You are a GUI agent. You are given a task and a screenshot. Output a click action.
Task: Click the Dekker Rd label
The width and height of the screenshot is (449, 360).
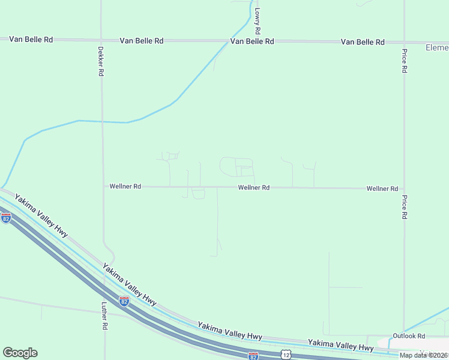[x=101, y=61]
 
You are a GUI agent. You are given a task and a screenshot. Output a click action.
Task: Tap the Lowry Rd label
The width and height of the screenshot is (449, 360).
[x=257, y=20]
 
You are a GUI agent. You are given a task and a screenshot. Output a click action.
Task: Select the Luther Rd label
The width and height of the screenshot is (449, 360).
[x=104, y=316]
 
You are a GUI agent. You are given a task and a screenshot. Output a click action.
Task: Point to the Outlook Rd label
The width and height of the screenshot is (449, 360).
[x=409, y=336]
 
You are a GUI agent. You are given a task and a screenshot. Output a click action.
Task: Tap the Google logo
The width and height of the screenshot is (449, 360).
[x=20, y=353]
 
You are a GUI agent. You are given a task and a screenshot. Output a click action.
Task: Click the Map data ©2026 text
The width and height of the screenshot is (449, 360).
[x=424, y=355]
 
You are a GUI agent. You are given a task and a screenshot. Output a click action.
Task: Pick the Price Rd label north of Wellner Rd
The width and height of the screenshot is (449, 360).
[x=405, y=61]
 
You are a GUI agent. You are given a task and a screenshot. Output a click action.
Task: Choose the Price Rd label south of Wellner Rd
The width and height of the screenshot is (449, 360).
[x=405, y=207]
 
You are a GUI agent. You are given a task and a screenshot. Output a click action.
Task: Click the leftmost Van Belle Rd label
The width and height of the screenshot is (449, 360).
[x=31, y=40]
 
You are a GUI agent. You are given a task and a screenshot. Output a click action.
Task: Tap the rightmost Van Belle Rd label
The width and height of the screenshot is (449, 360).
[x=363, y=42]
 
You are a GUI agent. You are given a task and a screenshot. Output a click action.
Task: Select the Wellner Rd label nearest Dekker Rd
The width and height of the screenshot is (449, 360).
[x=125, y=187]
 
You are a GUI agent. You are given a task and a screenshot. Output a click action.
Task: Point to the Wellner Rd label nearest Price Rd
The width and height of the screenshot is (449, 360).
[x=382, y=188]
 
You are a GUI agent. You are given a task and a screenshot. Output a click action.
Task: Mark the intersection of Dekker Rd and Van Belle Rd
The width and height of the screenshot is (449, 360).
[x=101, y=40]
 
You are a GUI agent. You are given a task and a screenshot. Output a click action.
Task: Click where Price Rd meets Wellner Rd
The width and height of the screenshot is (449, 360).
[x=405, y=188]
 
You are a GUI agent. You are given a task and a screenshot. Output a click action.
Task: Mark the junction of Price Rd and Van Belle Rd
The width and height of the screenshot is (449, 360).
[x=405, y=43]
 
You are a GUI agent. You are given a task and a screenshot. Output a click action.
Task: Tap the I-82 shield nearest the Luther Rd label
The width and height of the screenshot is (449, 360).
[x=124, y=301]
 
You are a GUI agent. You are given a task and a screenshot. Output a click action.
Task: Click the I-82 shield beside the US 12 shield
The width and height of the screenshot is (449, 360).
[x=253, y=356]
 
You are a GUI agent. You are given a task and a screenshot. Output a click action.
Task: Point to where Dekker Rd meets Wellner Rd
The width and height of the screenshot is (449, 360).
[x=102, y=187]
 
